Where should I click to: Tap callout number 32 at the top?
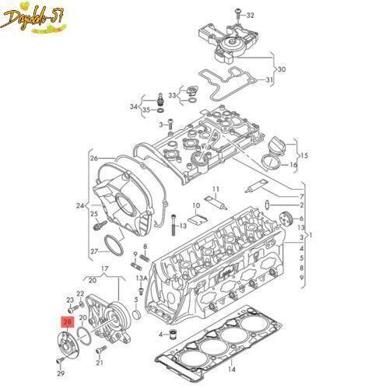tap(251, 15)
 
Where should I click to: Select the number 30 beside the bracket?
tap(281, 69)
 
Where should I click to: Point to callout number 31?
tap(269, 80)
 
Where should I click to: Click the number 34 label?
tap(133, 107)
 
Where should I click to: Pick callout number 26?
tap(94, 158)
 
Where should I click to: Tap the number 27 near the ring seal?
tap(94, 251)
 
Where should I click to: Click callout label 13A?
tap(141, 277)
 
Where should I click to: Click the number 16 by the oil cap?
tap(293, 165)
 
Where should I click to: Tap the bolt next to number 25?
tap(100, 227)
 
